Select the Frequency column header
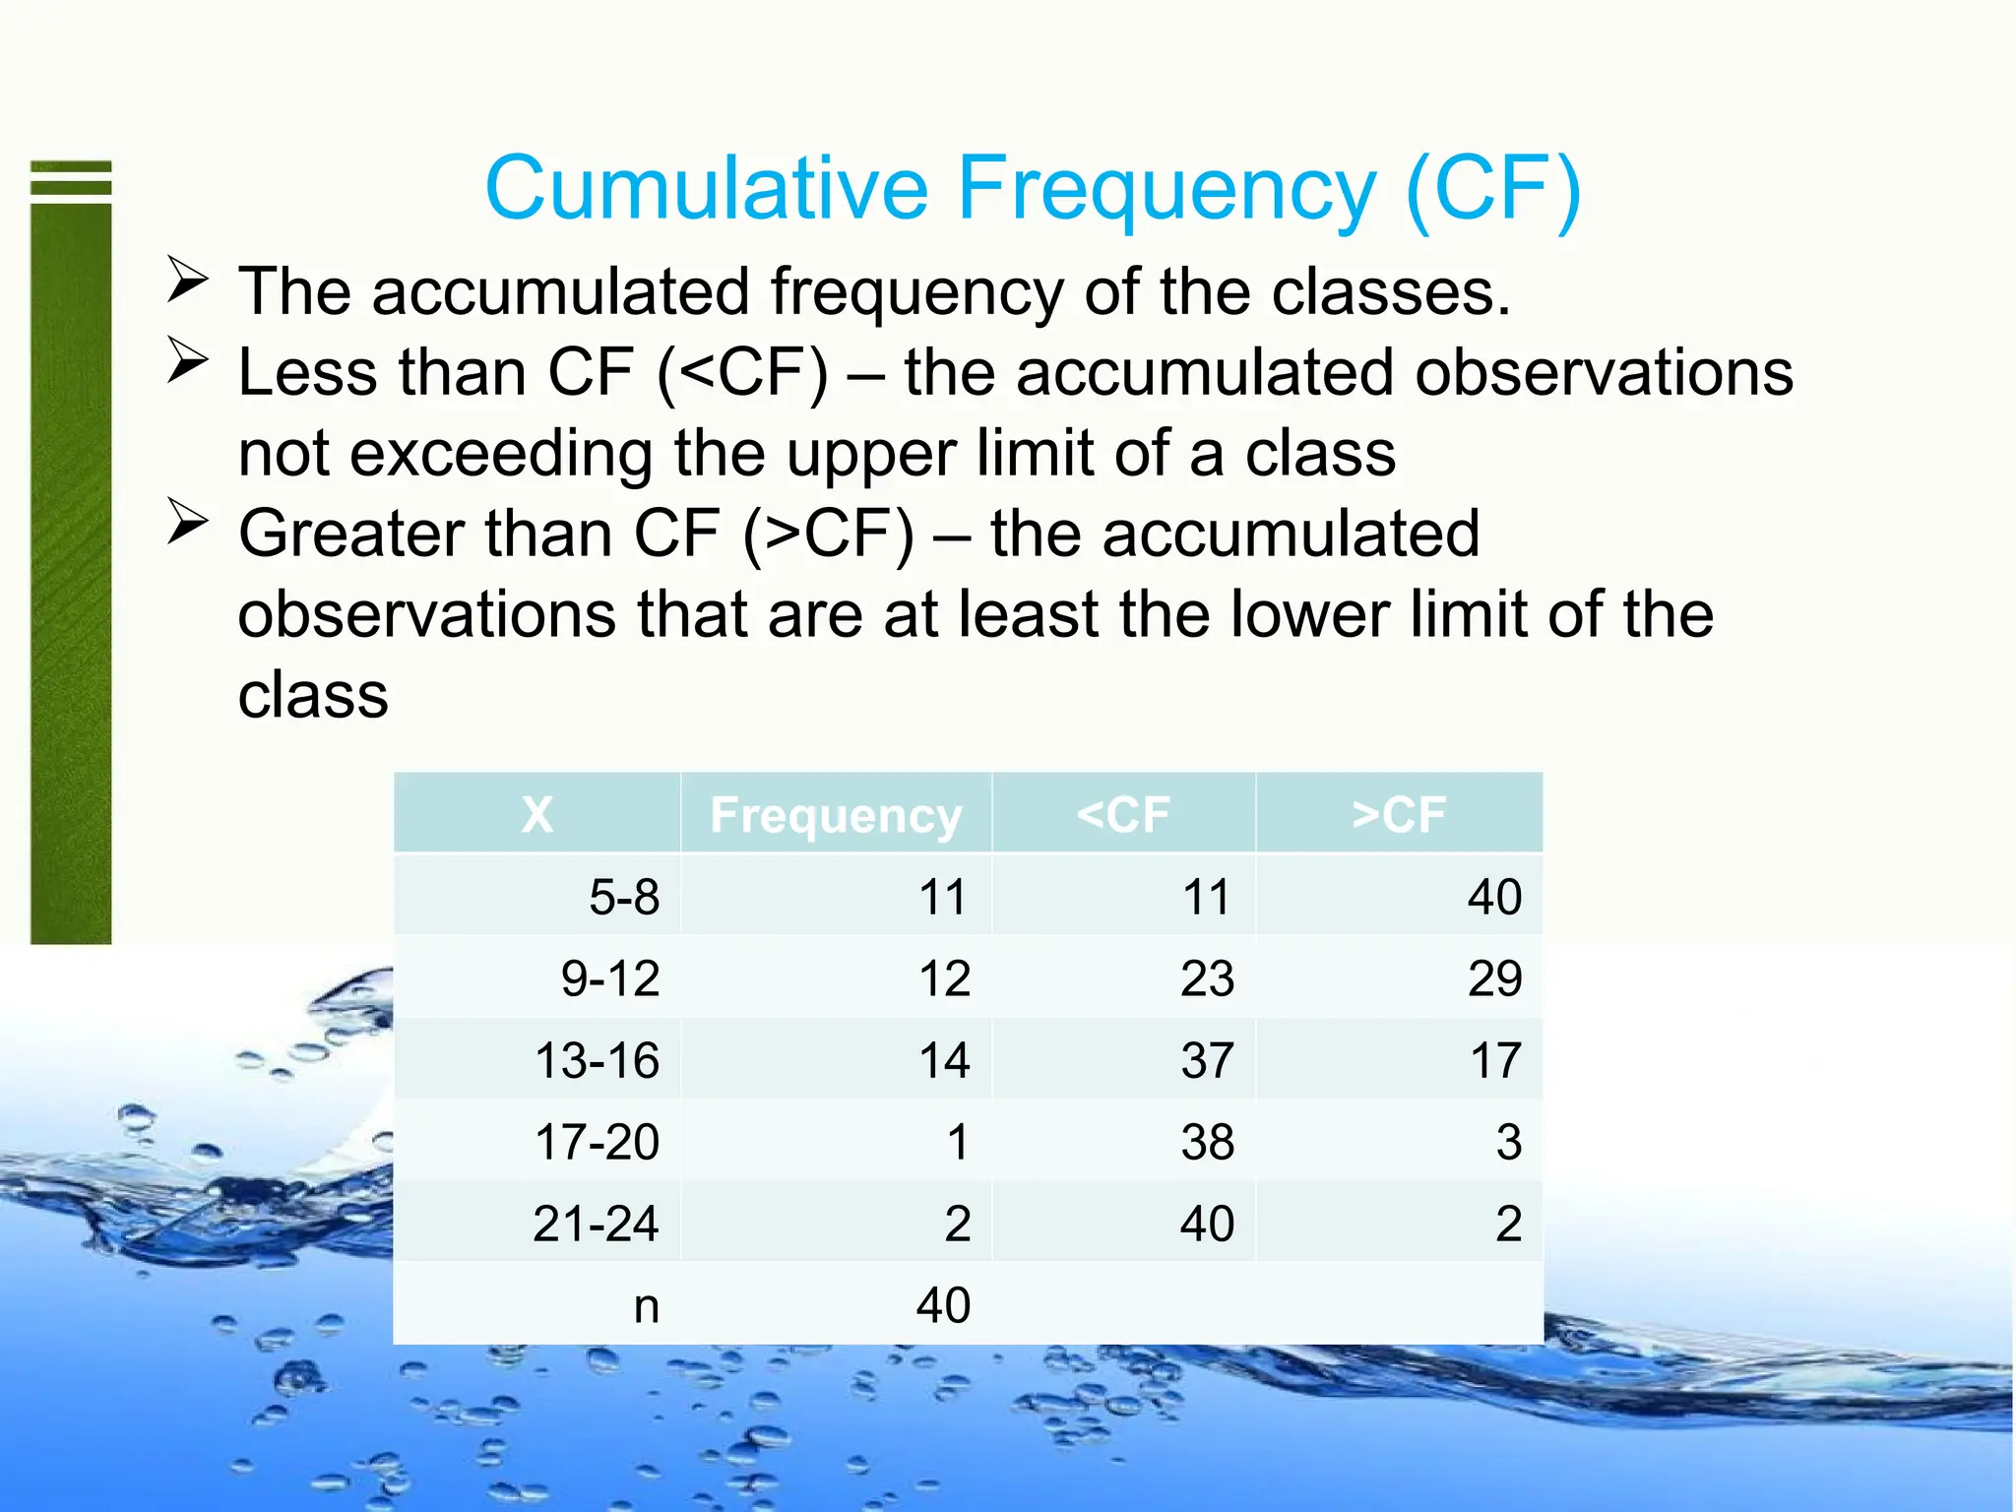coord(836,815)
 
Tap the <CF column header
coord(1123,815)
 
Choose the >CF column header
coord(1399,815)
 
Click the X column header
coord(536,815)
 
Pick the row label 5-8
coord(624,898)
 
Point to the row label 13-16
coord(597,1061)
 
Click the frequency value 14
coord(944,1061)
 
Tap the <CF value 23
coord(1207,979)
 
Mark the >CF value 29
coord(1494,979)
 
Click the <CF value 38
coord(1207,1143)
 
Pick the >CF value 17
coord(1495,1061)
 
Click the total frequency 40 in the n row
coord(943,1306)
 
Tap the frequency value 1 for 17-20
coord(958,1143)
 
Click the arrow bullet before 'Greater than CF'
coord(187,523)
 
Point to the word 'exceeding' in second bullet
coord(502,454)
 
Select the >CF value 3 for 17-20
coord(1508,1143)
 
